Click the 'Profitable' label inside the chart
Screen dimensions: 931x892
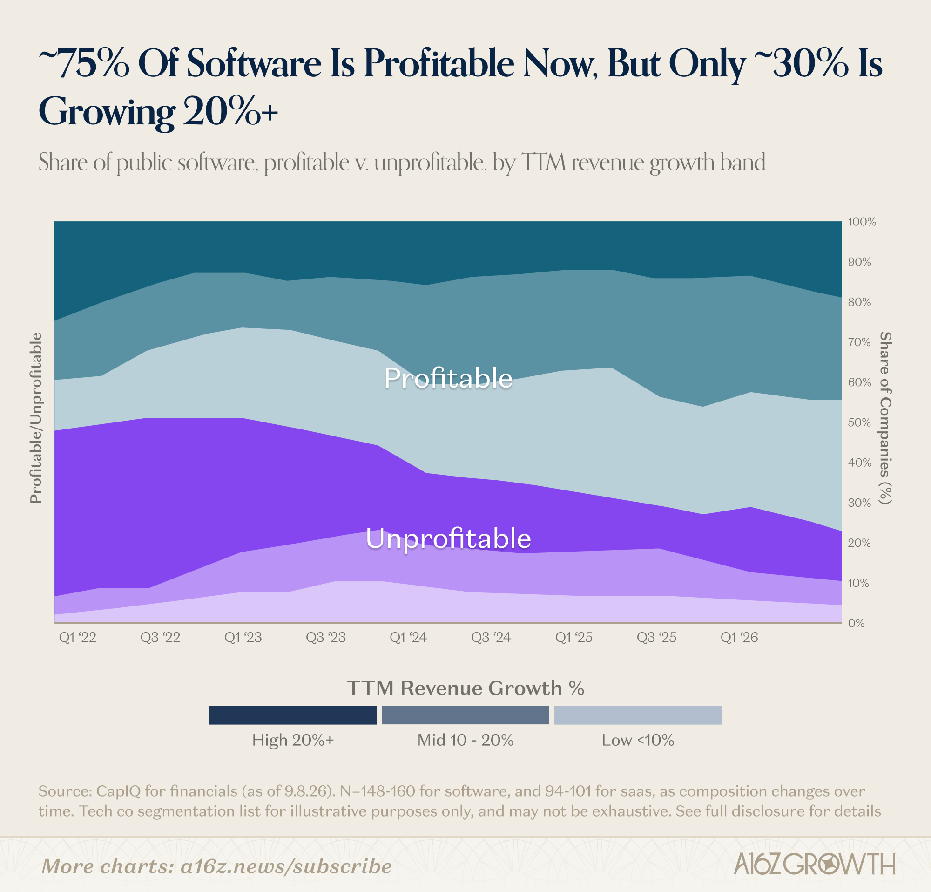pyautogui.click(x=448, y=378)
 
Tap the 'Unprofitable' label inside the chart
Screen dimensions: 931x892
pyautogui.click(x=448, y=539)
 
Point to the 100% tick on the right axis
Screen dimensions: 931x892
pyautogui.click(x=862, y=222)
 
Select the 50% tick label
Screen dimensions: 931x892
pyautogui.click(x=859, y=422)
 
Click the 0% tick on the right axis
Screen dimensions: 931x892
pyautogui.click(x=856, y=623)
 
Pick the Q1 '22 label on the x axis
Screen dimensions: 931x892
pyautogui.click(x=77, y=637)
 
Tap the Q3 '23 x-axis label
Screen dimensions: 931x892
pyautogui.click(x=325, y=637)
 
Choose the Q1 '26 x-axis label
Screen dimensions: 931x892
pyautogui.click(x=739, y=637)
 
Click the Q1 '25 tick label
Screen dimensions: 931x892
pyautogui.click(x=574, y=637)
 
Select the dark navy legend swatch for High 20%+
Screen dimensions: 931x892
pyautogui.click(x=293, y=715)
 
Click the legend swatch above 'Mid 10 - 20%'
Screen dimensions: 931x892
pyautogui.click(x=465, y=715)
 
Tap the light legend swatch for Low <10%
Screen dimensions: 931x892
pyautogui.click(x=637, y=715)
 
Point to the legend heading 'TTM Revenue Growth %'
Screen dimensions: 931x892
pyautogui.click(x=465, y=688)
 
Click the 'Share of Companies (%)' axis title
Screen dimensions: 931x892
pyautogui.click(x=885, y=418)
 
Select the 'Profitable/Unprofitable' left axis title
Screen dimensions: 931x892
pyautogui.click(x=36, y=418)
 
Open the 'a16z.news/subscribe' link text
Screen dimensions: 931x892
pyautogui.click(x=286, y=866)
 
